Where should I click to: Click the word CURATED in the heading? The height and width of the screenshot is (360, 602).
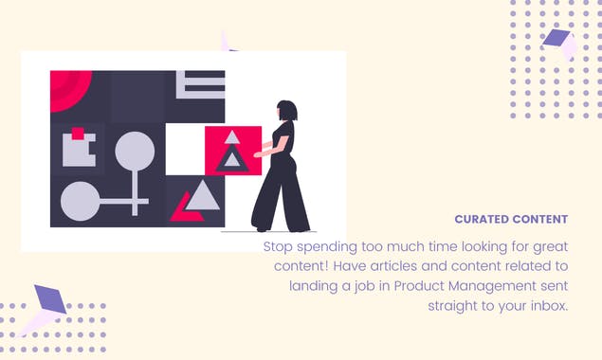click(482, 219)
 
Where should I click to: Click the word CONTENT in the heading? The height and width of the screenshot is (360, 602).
click(539, 219)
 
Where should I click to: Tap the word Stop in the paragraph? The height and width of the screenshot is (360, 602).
click(279, 246)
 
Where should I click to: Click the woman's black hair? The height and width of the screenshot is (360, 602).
click(287, 110)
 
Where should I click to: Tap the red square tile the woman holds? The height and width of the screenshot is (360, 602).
click(233, 151)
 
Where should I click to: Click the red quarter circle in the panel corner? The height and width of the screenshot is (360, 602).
click(67, 87)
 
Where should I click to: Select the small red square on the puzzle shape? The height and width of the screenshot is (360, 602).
click(78, 134)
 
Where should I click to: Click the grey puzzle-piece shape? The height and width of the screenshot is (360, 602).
click(79, 151)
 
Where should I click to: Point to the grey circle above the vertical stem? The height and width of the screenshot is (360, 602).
click(135, 152)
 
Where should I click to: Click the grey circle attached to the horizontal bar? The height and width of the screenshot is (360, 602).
click(81, 201)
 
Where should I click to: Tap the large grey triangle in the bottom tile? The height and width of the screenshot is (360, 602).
click(202, 196)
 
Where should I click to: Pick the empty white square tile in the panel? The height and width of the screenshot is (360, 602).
click(185, 150)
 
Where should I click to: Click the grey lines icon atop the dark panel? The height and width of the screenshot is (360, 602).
click(200, 84)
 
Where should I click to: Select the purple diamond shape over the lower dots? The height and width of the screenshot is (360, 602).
click(50, 299)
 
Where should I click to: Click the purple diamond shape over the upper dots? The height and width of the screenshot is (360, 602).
click(556, 38)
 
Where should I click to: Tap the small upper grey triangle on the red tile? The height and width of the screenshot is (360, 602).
click(232, 137)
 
